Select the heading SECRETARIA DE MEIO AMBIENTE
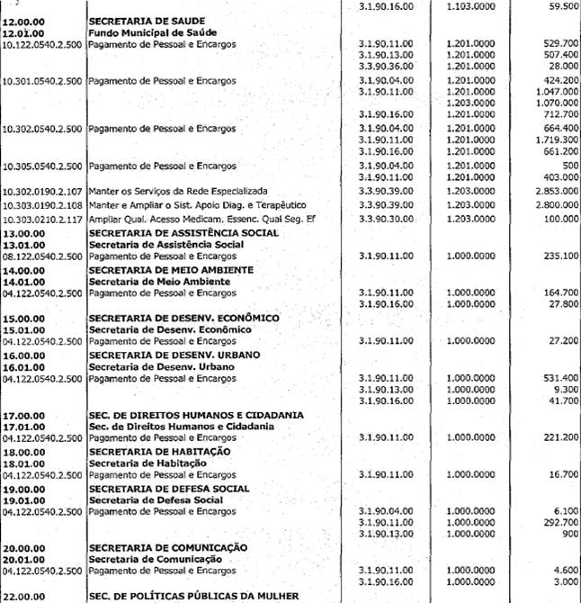click(170, 270)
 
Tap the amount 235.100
click(557, 256)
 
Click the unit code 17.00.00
click(22, 415)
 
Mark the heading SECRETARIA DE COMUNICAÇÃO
click(169, 548)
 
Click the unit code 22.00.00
click(22, 596)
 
